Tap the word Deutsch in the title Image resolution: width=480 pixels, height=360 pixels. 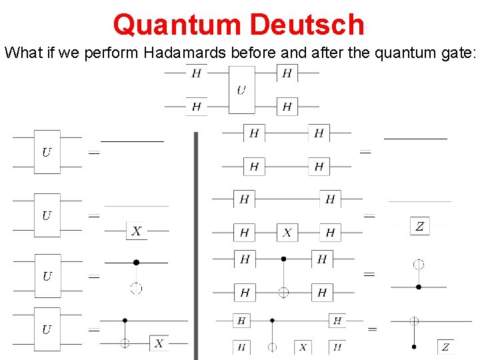point(307,25)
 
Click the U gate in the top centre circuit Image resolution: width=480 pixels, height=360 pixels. point(241,89)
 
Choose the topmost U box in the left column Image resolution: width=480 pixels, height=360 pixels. point(47,152)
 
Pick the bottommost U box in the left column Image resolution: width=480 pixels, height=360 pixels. point(47,329)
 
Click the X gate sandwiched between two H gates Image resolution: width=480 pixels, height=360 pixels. point(287,233)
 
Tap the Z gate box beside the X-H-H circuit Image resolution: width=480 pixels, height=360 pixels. point(419,226)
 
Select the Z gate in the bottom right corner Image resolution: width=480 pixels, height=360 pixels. point(445,347)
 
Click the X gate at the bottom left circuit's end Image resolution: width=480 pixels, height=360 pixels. point(159,343)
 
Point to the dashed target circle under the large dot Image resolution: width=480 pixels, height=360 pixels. point(136,289)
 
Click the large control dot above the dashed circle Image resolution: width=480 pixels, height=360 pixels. point(136,263)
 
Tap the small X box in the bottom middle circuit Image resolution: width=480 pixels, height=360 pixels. point(303,347)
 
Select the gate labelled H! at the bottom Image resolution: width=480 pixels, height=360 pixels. point(337,347)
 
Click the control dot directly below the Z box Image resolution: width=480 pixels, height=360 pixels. point(419,287)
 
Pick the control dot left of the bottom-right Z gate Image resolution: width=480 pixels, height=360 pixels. point(414,347)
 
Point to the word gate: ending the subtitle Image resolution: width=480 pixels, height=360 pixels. point(459,53)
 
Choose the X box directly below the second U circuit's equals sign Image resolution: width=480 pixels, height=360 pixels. point(136,231)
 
